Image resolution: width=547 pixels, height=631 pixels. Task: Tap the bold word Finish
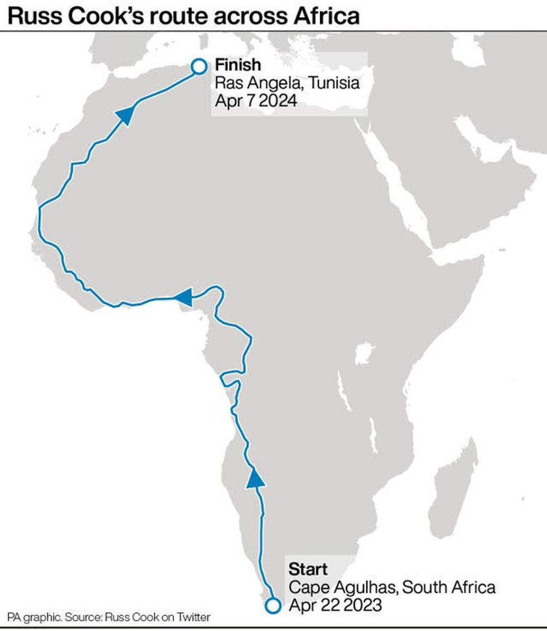(238, 65)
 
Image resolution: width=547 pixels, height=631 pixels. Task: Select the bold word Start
(308, 570)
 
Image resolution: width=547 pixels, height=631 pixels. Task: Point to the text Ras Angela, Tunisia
(287, 84)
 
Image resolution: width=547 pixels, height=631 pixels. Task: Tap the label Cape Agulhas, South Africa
(392, 588)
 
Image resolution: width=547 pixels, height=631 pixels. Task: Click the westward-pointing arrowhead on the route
(183, 298)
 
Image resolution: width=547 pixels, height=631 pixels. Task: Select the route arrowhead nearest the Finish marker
(126, 115)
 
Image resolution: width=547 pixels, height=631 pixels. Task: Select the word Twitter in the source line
(193, 618)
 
